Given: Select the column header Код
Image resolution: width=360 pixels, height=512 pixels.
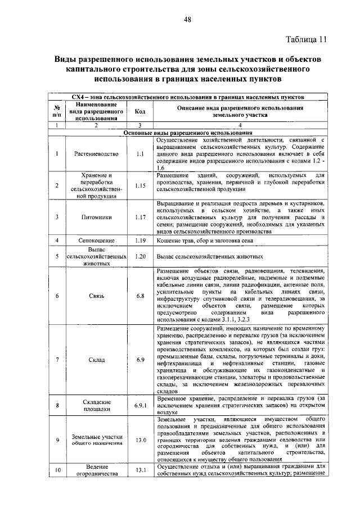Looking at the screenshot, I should pos(140,111).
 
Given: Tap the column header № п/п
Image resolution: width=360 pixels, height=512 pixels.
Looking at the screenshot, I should pos(57,111).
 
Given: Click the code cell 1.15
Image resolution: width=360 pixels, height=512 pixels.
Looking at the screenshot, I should pos(140,185).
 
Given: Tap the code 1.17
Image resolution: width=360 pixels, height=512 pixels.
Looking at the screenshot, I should pos(140,216).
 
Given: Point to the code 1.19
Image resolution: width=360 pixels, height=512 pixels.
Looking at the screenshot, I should pos(140,241).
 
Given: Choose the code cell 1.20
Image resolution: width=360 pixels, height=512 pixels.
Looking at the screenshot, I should pos(140,256).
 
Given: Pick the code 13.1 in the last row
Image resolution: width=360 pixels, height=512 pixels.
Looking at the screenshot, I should pos(140,470).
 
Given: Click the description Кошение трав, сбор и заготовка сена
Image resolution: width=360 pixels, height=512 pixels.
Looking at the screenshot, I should pos(201,241).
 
